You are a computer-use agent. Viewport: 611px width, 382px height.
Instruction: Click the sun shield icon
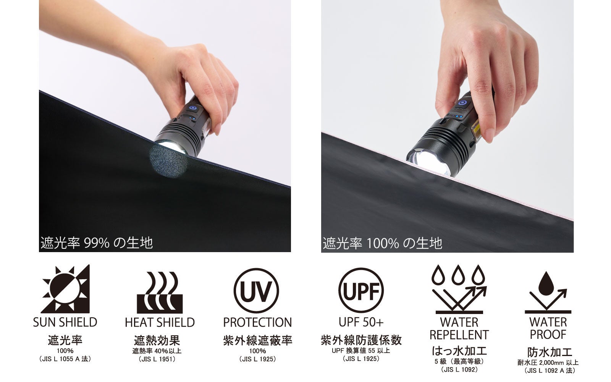pyautogui.click(x=65, y=289)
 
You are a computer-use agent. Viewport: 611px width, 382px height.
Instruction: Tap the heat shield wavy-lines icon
pyautogui.click(x=160, y=293)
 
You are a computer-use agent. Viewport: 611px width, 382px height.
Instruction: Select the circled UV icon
pyautogui.click(x=256, y=291)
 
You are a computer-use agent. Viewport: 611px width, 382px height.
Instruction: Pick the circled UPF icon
pyautogui.click(x=361, y=290)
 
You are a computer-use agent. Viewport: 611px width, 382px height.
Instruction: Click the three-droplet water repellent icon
pyautogui.click(x=459, y=289)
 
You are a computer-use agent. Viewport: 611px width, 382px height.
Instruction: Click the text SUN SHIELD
pyautogui.click(x=65, y=322)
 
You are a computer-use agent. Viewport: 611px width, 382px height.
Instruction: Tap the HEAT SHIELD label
pyautogui.click(x=160, y=322)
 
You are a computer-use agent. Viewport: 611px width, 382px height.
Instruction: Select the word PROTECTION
pyautogui.click(x=257, y=322)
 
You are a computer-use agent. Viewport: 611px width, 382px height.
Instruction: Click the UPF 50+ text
pyautogui.click(x=361, y=322)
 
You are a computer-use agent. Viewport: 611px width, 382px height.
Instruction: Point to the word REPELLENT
pyautogui.click(x=459, y=335)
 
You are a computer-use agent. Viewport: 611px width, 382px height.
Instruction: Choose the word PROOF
pyautogui.click(x=548, y=335)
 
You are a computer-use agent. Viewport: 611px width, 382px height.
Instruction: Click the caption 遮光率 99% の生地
pyautogui.click(x=97, y=243)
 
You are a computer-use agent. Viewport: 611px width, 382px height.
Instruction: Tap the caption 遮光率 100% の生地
pyautogui.click(x=382, y=243)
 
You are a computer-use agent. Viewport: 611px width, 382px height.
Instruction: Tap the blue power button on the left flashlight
pyautogui.click(x=193, y=108)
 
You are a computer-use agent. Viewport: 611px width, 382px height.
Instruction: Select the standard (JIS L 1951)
pyautogui.click(x=157, y=359)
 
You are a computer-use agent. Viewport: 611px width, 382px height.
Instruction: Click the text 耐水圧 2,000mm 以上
pyautogui.click(x=548, y=363)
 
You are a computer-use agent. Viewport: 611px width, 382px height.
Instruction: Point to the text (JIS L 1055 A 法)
pyautogui.click(x=65, y=359)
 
